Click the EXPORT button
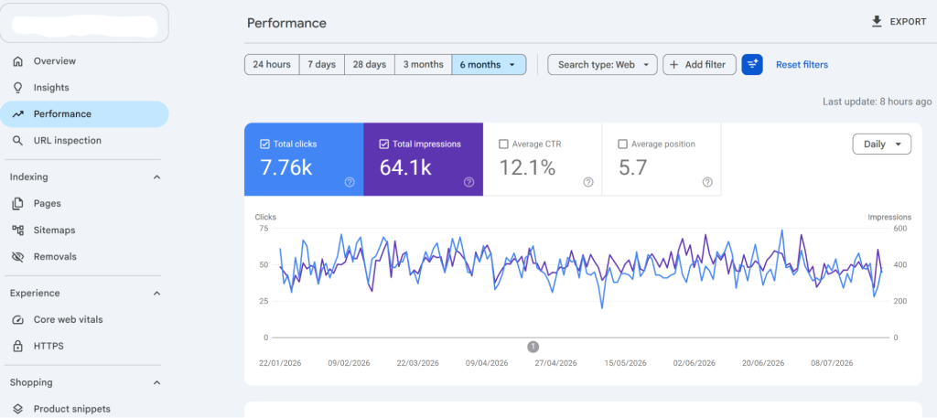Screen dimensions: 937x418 point(899,22)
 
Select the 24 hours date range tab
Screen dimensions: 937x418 point(272,65)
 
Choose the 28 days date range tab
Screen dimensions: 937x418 point(370,65)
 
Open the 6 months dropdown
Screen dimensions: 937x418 point(489,65)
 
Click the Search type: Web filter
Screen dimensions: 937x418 point(602,65)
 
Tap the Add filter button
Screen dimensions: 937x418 point(699,65)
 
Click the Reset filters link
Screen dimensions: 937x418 point(802,65)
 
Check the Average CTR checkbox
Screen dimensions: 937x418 point(503,144)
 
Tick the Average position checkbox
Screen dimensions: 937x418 point(622,144)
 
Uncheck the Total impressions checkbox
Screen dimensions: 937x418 point(384,144)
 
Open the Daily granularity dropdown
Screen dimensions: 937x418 point(881,144)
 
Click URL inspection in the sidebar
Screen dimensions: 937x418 point(67,140)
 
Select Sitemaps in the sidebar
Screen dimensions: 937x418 point(54,230)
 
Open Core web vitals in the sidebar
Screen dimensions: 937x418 point(68,319)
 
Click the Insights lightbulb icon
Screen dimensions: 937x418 point(18,88)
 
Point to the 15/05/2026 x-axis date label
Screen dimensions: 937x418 point(625,363)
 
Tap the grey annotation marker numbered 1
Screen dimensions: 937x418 point(533,347)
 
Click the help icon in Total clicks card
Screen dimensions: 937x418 point(350,182)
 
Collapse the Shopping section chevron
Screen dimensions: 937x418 point(156,382)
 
